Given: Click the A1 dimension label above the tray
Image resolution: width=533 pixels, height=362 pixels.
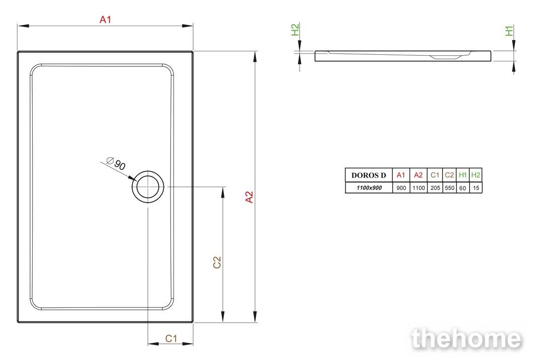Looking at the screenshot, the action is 106,20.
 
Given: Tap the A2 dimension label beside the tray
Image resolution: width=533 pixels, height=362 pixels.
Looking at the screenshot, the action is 249,198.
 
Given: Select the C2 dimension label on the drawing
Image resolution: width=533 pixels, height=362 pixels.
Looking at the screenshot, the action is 217,262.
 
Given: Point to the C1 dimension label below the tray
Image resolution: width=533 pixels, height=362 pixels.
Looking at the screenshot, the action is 171,338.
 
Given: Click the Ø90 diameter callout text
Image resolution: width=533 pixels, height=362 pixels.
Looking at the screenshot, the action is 116,163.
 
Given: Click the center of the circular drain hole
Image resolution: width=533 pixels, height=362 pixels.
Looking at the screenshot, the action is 148,187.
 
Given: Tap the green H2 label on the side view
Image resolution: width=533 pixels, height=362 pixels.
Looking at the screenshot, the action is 295,30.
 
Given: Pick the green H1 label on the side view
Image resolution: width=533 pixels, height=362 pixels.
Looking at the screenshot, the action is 509,31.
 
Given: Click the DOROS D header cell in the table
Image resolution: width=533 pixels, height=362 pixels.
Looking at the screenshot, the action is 369,175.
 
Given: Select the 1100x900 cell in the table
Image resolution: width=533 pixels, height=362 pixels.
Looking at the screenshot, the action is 369,188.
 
